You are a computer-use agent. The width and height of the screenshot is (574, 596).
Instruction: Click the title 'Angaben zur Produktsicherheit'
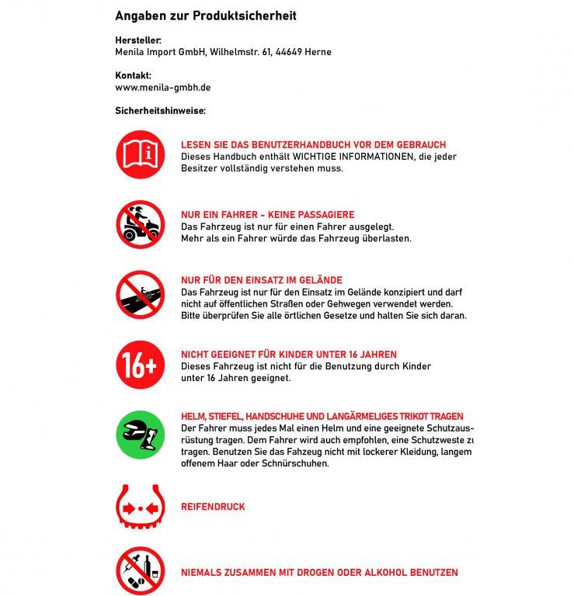tap(205, 16)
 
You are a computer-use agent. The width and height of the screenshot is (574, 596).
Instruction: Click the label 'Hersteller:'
tap(138, 40)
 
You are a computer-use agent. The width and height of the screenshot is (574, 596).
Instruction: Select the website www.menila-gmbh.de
tap(162, 88)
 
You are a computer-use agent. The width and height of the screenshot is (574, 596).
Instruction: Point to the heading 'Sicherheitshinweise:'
tap(160, 111)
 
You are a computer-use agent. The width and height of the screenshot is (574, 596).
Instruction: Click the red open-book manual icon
tap(140, 154)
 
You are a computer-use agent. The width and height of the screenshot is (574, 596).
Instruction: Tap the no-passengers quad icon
tap(140, 224)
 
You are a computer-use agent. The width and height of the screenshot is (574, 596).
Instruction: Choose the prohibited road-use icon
tap(140, 294)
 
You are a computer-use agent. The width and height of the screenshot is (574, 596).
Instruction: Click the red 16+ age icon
tap(140, 365)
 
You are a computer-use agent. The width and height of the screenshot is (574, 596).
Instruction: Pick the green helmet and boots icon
tap(140, 435)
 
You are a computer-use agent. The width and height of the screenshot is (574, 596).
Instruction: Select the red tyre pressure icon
tap(140, 506)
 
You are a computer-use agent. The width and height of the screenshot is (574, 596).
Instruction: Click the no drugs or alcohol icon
tap(140, 572)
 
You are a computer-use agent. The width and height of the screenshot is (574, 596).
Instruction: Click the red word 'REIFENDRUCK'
tap(213, 507)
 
